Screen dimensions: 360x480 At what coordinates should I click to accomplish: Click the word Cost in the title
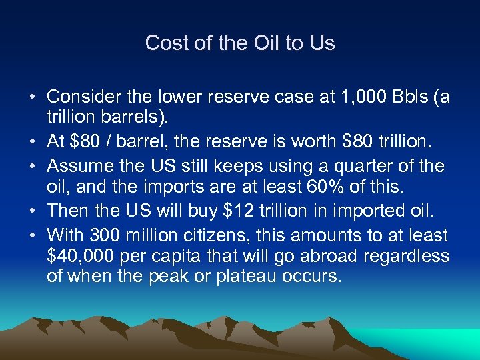point(163,43)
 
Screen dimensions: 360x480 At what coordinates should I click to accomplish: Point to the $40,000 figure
point(82,256)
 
